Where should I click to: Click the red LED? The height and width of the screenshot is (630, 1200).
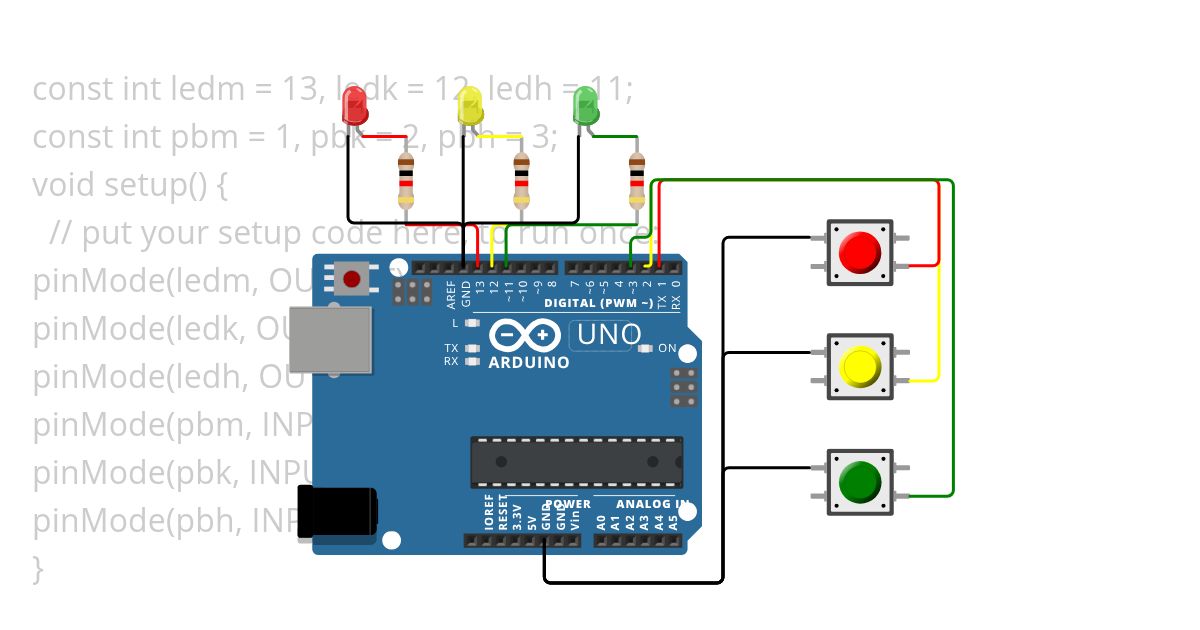point(355,105)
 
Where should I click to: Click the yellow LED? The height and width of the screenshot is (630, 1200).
point(469,105)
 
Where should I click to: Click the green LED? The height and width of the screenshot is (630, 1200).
point(585,105)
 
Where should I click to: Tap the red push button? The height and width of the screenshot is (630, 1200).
point(860,252)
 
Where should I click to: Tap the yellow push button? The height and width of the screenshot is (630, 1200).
point(860,367)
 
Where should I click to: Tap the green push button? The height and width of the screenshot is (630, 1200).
point(860,482)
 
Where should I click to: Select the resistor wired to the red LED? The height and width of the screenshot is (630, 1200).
point(405,181)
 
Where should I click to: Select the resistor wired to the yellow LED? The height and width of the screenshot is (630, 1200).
point(521,181)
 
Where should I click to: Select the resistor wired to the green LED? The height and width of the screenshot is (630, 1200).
point(636,181)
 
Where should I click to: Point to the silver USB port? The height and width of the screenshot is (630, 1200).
point(330,339)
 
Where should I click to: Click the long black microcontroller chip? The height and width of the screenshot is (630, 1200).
point(577,462)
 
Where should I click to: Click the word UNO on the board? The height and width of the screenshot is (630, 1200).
point(606,335)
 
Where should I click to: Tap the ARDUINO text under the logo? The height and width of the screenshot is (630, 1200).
point(529,363)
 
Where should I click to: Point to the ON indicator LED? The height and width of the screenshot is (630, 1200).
point(645,349)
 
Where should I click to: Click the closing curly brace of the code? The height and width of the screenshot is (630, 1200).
point(38,569)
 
